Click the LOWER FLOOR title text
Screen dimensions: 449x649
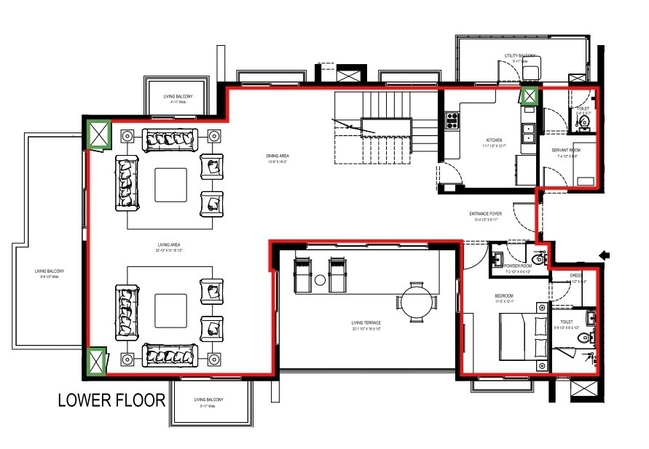tap(111, 400)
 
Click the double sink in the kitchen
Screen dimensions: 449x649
tap(527, 133)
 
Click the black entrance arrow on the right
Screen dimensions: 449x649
tap(603, 255)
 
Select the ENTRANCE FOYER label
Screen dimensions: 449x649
tap(485, 214)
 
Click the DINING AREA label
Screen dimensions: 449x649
tap(279, 155)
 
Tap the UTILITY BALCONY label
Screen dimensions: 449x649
tap(520, 56)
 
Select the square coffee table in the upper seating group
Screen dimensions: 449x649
tap(172, 184)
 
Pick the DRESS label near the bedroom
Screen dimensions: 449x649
tap(576, 276)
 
